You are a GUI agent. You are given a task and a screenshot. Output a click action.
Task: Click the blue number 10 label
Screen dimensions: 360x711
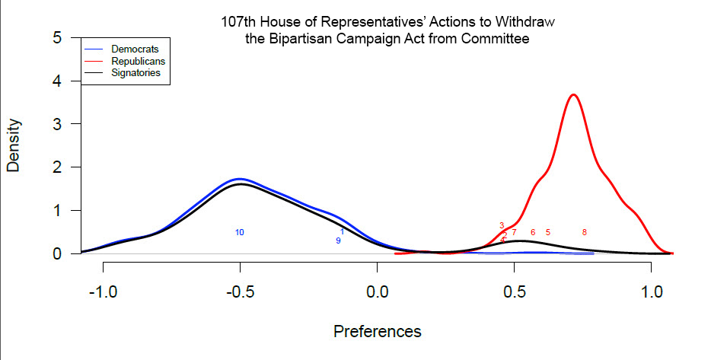(240, 232)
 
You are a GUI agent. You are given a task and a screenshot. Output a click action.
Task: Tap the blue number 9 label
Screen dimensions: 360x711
(338, 241)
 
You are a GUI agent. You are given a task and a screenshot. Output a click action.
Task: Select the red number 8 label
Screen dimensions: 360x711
(584, 232)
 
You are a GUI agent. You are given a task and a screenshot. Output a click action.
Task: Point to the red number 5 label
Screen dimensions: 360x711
(547, 232)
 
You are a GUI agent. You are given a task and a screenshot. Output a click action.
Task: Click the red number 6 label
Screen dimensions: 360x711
(533, 232)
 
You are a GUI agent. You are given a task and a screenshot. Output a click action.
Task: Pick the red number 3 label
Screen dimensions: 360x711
(502, 225)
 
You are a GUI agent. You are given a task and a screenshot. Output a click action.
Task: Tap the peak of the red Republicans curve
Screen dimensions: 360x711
(573, 94)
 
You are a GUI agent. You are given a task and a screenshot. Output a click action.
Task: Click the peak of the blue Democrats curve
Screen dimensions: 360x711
(240, 179)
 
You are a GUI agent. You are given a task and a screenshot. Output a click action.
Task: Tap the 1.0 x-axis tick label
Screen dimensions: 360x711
(651, 294)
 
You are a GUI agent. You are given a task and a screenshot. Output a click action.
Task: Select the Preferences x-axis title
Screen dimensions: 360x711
(377, 332)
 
